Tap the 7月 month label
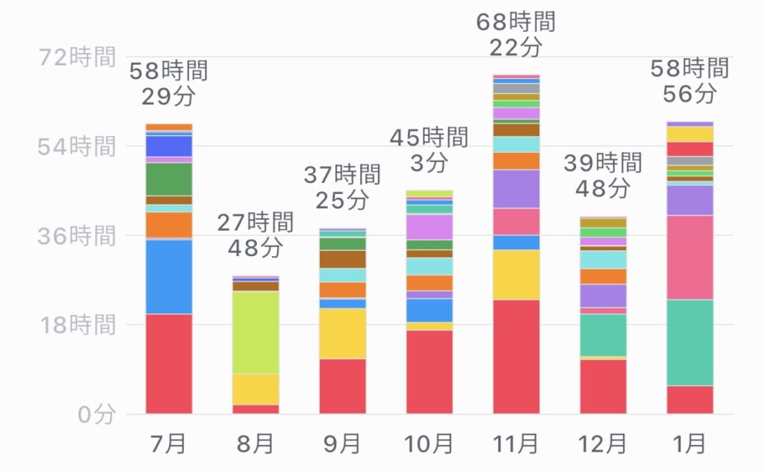(x=168, y=444)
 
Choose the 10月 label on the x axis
(x=429, y=444)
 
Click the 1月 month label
(x=689, y=444)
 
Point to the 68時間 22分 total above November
(x=515, y=34)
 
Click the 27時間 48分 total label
(x=255, y=234)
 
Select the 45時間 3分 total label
(x=429, y=149)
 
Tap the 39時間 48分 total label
(x=602, y=175)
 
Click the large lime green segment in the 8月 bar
(x=255, y=332)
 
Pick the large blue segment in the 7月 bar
(x=168, y=276)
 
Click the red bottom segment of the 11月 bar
(x=515, y=356)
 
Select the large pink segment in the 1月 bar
(x=689, y=257)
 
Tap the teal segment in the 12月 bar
(x=602, y=334)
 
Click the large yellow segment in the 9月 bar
(x=342, y=333)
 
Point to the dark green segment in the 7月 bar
(x=168, y=178)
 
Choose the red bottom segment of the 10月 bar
(x=429, y=371)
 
